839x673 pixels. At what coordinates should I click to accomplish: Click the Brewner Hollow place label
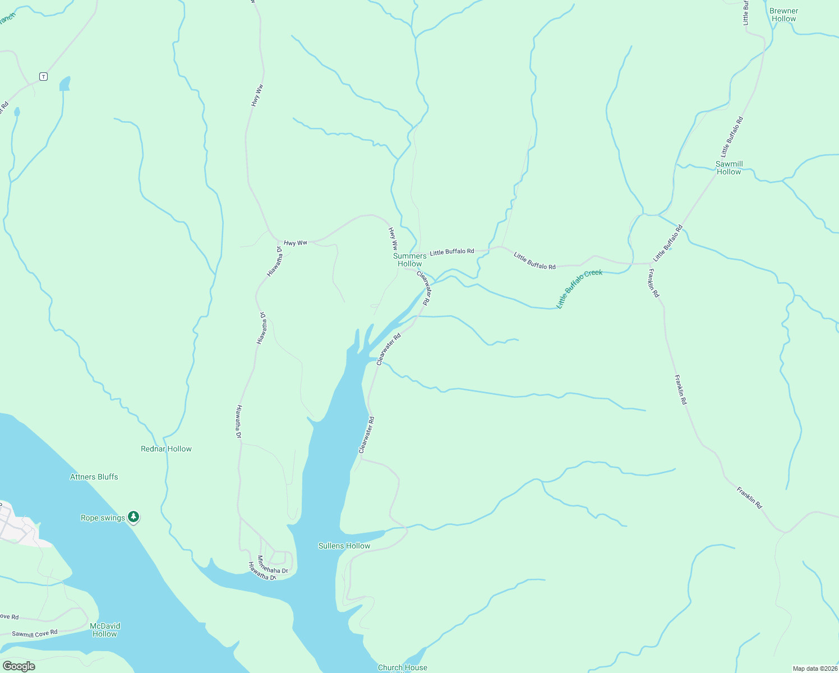click(x=783, y=15)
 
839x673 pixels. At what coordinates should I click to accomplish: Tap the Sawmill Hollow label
click(x=729, y=168)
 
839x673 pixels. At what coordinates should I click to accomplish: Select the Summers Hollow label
click(x=409, y=260)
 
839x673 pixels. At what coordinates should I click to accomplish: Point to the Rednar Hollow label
click(x=166, y=449)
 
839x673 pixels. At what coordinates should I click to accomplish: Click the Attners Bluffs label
click(x=94, y=477)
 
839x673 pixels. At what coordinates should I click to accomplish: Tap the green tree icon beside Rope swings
click(x=133, y=517)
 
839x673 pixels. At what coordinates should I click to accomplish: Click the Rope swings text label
click(x=103, y=518)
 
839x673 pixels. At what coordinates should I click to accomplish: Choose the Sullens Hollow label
click(x=344, y=546)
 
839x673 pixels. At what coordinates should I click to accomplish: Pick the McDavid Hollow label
click(x=105, y=630)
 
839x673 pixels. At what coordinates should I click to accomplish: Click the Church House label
click(x=402, y=667)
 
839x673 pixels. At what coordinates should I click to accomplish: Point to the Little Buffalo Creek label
click(x=579, y=288)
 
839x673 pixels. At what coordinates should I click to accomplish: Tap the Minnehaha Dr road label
click(x=272, y=565)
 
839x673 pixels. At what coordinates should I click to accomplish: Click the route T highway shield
click(x=43, y=76)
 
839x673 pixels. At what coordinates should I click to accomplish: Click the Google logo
click(x=19, y=666)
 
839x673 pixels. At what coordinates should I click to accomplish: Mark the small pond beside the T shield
click(x=65, y=84)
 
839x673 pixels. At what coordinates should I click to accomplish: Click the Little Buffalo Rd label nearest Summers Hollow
click(x=452, y=252)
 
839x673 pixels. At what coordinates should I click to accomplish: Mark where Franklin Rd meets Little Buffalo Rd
click(x=651, y=262)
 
